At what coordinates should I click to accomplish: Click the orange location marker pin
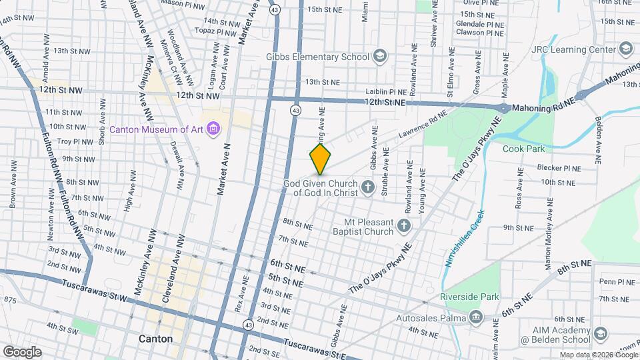click(x=321, y=158)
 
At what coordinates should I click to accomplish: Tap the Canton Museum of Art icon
click(x=213, y=129)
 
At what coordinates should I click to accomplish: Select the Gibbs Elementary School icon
click(x=380, y=57)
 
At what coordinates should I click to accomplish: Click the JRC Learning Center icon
click(x=625, y=49)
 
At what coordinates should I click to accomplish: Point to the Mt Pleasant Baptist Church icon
click(x=403, y=226)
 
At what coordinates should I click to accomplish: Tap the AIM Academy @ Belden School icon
click(x=600, y=334)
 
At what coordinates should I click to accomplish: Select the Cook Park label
click(x=523, y=149)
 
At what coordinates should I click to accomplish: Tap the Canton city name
click(x=155, y=339)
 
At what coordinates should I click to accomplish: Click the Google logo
click(x=22, y=351)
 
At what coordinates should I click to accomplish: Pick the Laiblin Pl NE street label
click(x=385, y=92)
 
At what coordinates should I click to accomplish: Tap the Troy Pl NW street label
click(x=73, y=141)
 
